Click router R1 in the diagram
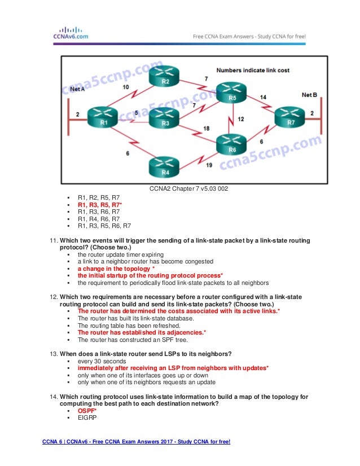[103, 117]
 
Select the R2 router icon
[165, 77]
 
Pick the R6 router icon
[231, 146]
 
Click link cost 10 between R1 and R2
[125, 87]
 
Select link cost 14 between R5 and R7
[263, 97]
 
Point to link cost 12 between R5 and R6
[241, 119]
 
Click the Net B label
[310, 94]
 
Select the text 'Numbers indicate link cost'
[253, 71]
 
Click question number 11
[54, 241]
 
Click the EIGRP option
[86, 419]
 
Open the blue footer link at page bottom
[136, 441]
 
